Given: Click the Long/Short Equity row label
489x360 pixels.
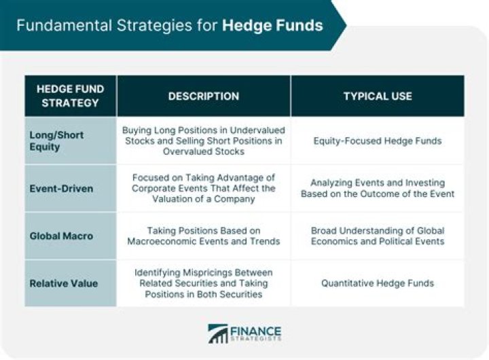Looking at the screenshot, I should [56, 141].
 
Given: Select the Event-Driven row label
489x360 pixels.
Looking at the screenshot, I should [60, 188].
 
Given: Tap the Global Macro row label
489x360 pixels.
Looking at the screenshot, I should [60, 236].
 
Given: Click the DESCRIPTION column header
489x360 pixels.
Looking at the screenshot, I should [204, 96].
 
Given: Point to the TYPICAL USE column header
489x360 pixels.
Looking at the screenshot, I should [378, 96].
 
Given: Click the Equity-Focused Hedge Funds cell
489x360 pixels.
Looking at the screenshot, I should [378, 141].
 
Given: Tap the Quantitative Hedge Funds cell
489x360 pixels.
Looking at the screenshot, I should [378, 283].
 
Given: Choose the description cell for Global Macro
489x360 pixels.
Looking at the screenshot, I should [204, 236].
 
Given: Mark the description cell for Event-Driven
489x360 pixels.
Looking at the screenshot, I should [204, 188].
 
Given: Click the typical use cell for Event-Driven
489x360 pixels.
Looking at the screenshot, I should [378, 188].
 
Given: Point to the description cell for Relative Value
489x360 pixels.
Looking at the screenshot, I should [204, 283].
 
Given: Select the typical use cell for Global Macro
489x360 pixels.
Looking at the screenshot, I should [378, 236].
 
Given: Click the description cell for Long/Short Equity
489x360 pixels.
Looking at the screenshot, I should [204, 141].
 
